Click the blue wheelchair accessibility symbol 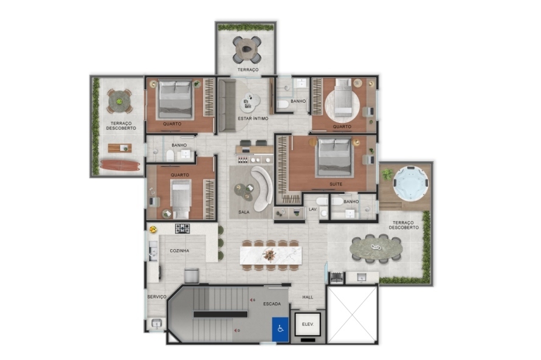pyautogui.click(x=280, y=329)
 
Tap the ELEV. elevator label pyautogui.click(x=308, y=325)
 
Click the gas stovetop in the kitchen pyautogui.click(x=182, y=229)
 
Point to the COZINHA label pyautogui.click(x=179, y=251)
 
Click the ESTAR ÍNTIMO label pyautogui.click(x=253, y=119)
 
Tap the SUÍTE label pyautogui.click(x=336, y=184)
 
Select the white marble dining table pyautogui.click(x=271, y=255)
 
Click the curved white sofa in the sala pyautogui.click(x=262, y=188)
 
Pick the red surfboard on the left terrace pyautogui.click(x=120, y=165)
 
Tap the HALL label pyautogui.click(x=308, y=297)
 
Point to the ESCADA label pyautogui.click(x=272, y=303)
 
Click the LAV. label pyautogui.click(x=312, y=210)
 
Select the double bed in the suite pyautogui.click(x=334, y=157)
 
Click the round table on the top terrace pyautogui.click(x=247, y=50)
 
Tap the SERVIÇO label pyautogui.click(x=157, y=297)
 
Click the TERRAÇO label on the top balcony pyautogui.click(x=248, y=70)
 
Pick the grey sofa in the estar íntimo pyautogui.click(x=227, y=105)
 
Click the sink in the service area pyautogui.click(x=157, y=324)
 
